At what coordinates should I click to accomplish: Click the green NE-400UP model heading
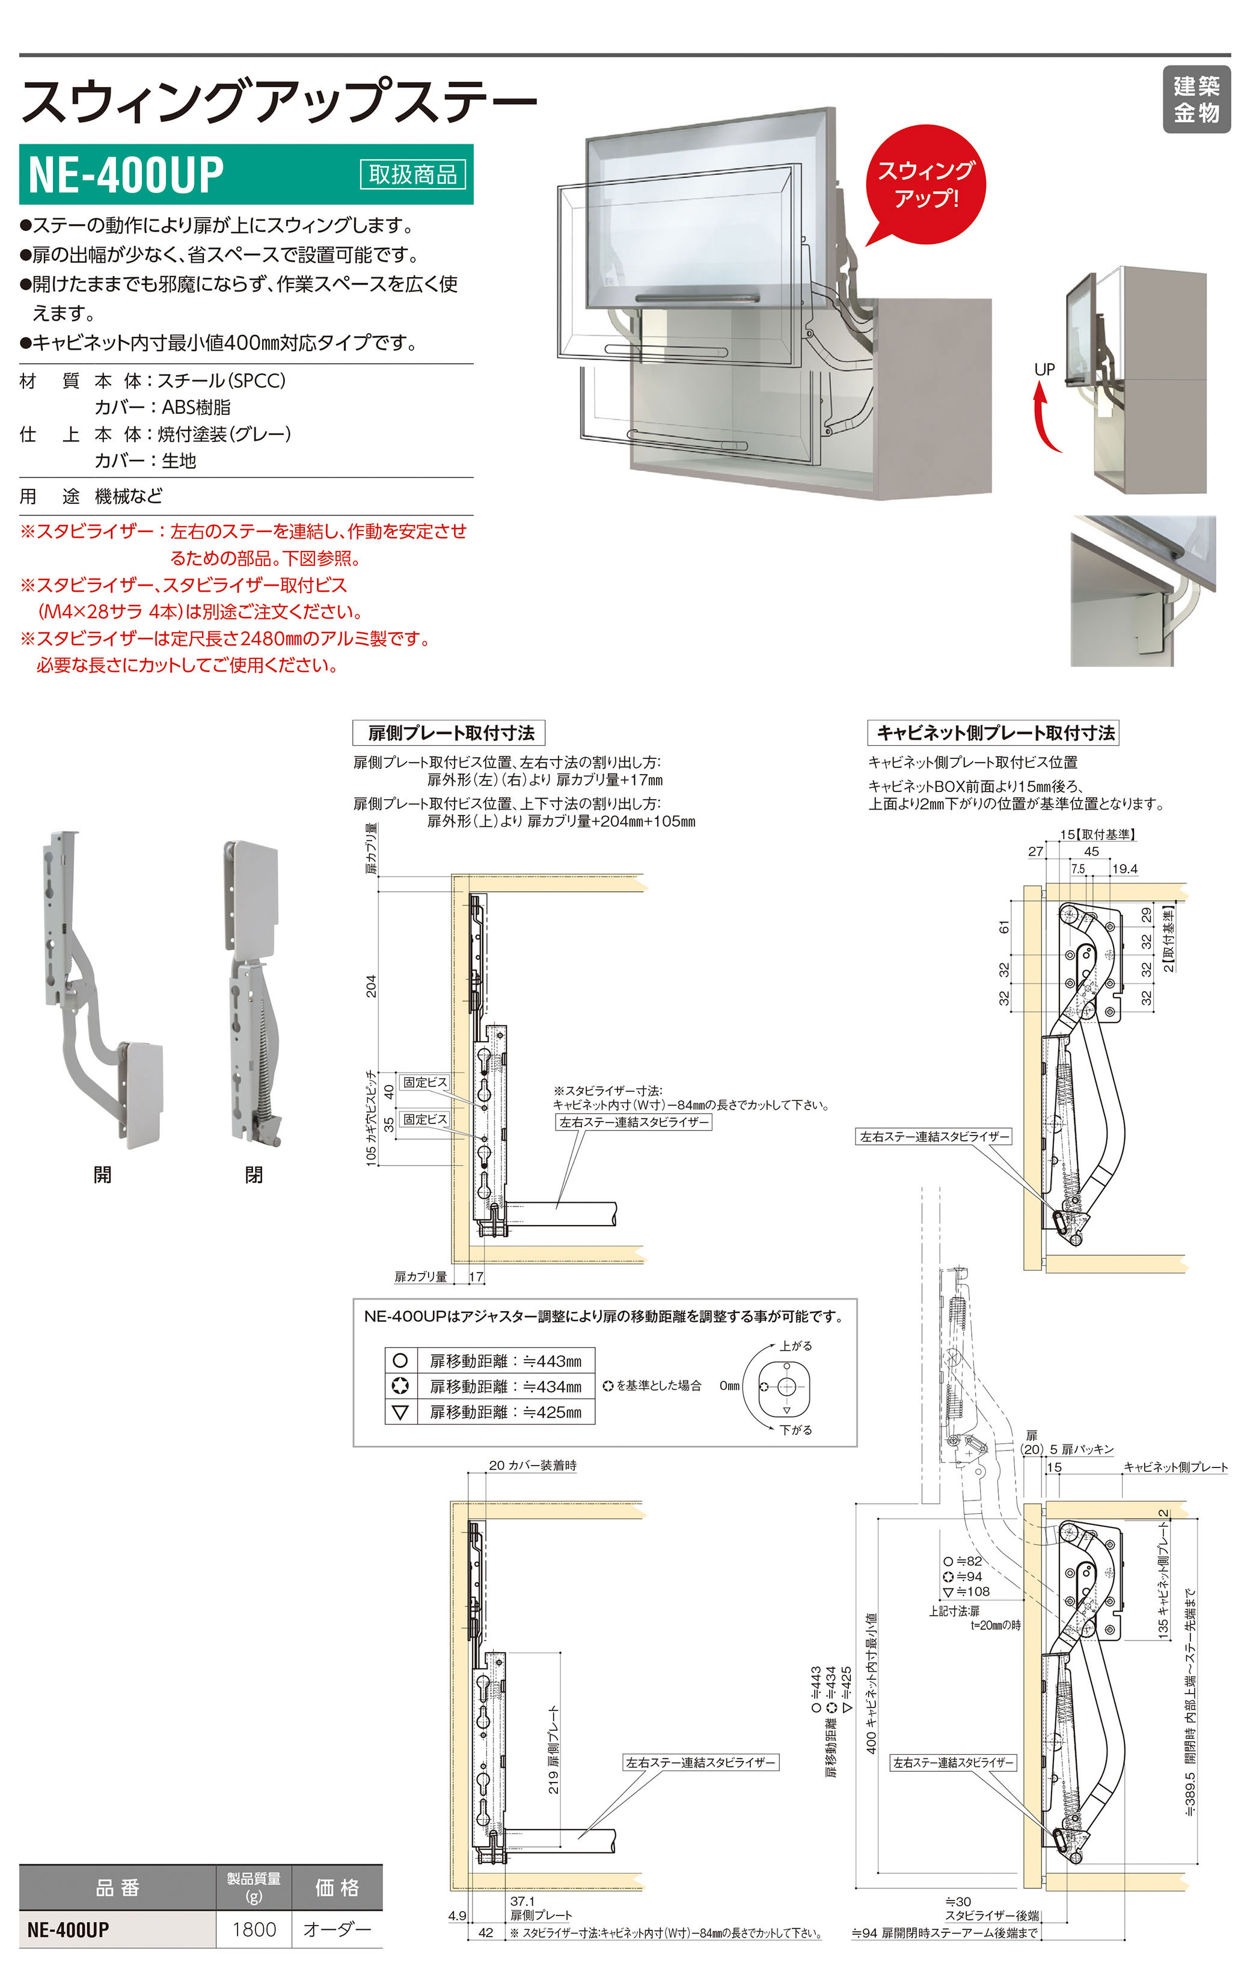click(x=126, y=174)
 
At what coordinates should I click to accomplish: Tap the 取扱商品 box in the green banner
click(x=412, y=174)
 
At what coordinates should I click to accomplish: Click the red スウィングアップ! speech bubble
click(x=925, y=184)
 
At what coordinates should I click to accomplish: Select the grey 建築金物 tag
click(x=1196, y=99)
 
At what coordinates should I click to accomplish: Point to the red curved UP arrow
click(x=1045, y=419)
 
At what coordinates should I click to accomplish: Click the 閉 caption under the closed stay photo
click(x=254, y=1175)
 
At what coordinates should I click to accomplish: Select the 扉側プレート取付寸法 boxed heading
click(x=449, y=733)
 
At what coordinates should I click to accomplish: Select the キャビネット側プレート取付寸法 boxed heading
click(x=994, y=733)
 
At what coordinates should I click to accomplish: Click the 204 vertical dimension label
click(x=371, y=986)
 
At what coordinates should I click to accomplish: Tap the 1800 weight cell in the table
click(x=254, y=1929)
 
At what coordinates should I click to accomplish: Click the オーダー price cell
click(x=337, y=1929)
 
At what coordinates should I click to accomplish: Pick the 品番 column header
click(x=117, y=1888)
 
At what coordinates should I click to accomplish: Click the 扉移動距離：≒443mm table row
click(x=504, y=1361)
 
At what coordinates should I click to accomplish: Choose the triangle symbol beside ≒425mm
click(x=400, y=1412)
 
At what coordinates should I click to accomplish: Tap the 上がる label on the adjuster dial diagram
click(x=795, y=1345)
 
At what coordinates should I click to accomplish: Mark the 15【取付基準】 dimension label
click(x=1097, y=834)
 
